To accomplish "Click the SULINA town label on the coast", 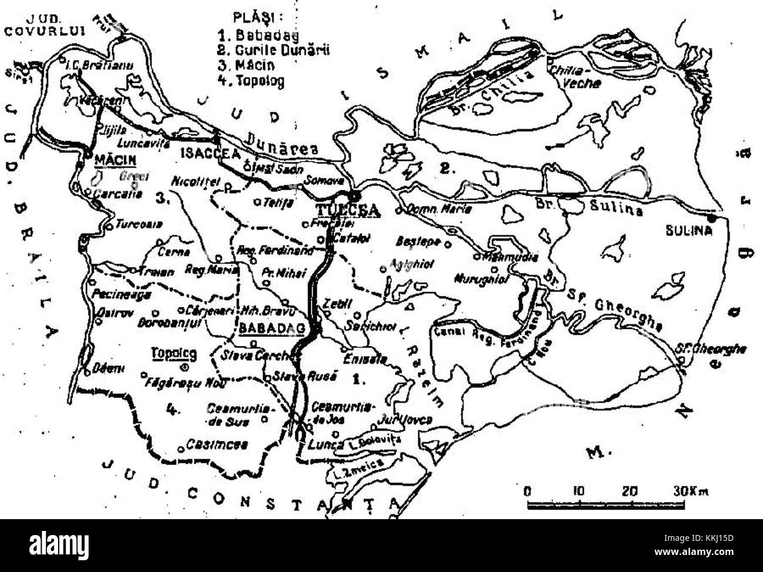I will coord(688,231).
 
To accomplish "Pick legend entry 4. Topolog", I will coord(249,80).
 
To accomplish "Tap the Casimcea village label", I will coord(217,445).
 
